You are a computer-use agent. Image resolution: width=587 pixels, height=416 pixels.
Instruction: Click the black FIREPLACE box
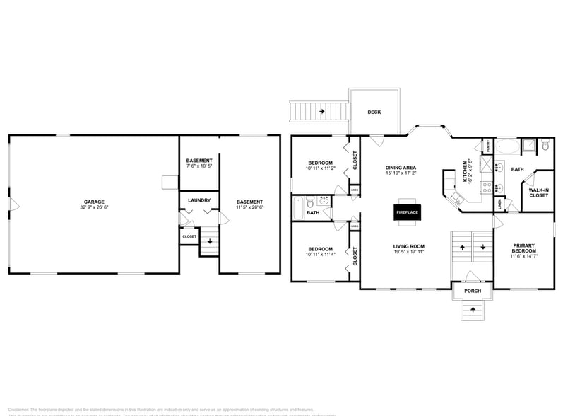click(407, 212)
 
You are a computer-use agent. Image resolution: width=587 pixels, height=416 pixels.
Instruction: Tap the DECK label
click(374, 112)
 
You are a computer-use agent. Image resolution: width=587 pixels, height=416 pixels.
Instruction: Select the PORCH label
click(472, 291)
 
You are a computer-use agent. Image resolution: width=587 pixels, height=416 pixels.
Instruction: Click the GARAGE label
click(94, 202)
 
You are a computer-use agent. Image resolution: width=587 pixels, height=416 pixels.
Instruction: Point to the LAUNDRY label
click(199, 200)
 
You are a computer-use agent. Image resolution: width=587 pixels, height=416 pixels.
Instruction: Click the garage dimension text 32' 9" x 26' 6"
click(94, 207)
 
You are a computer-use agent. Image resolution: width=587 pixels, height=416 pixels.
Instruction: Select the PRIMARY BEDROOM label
click(523, 248)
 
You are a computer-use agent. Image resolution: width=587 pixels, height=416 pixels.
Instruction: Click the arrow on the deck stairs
click(322, 111)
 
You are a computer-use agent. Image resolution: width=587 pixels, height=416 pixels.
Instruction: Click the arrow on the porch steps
click(472, 310)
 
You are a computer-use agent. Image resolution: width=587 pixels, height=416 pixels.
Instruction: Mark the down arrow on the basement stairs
click(208, 241)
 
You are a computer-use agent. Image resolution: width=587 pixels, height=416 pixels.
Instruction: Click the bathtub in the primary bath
click(506, 147)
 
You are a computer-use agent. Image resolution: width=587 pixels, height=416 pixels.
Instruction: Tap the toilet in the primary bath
click(545, 146)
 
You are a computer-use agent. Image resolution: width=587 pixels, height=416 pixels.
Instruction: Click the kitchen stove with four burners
click(487, 187)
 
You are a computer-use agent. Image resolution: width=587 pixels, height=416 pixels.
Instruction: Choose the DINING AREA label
click(401, 167)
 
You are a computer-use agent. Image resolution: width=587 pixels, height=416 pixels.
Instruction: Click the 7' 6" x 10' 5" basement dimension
click(199, 166)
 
